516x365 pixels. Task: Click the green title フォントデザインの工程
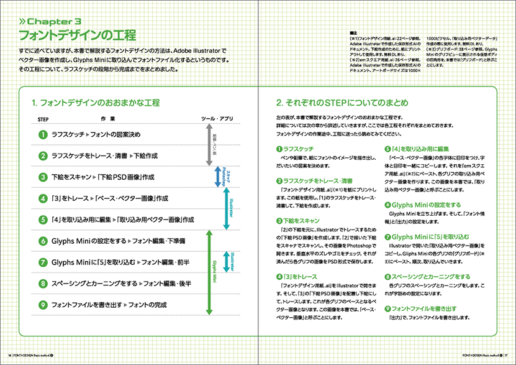pyautogui.click(x=77, y=35)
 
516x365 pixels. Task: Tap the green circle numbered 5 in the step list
pyautogui.click(x=43, y=219)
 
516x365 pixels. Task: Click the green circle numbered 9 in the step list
pyautogui.click(x=43, y=305)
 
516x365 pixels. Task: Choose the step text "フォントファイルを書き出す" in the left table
pyautogui.click(x=86, y=305)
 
